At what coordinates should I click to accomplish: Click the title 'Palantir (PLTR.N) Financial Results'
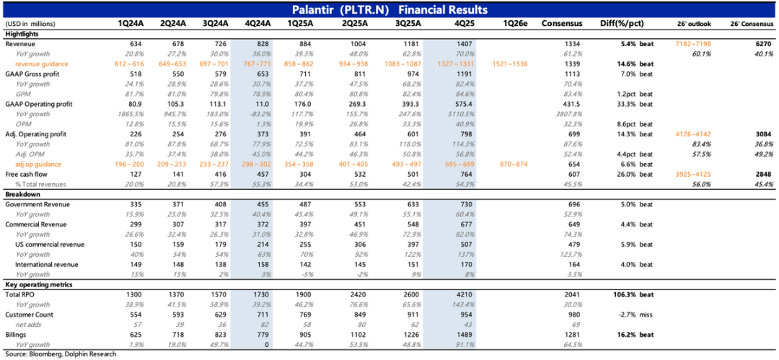point(389,9)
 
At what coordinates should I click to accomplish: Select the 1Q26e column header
point(513,24)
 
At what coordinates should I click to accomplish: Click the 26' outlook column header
point(693,24)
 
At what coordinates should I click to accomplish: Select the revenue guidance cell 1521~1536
point(512,64)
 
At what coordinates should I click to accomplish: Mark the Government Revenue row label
point(36,205)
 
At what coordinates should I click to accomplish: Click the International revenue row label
point(46,265)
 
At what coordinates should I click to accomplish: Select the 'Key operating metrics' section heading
point(37,285)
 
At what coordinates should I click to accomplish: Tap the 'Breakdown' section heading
point(23,195)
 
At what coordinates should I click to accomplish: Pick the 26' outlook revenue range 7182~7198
point(693,44)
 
